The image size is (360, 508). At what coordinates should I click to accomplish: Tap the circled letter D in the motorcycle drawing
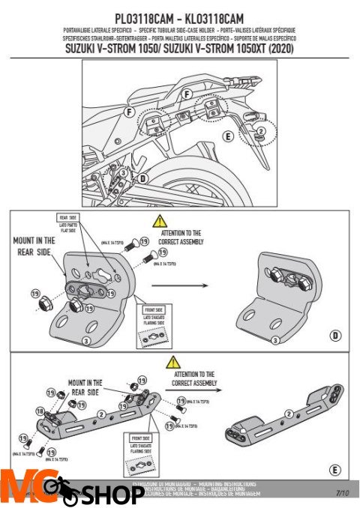(142, 178)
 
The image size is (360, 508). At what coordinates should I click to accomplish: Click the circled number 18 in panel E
(40, 412)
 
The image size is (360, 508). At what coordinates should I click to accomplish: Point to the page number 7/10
(342, 493)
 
